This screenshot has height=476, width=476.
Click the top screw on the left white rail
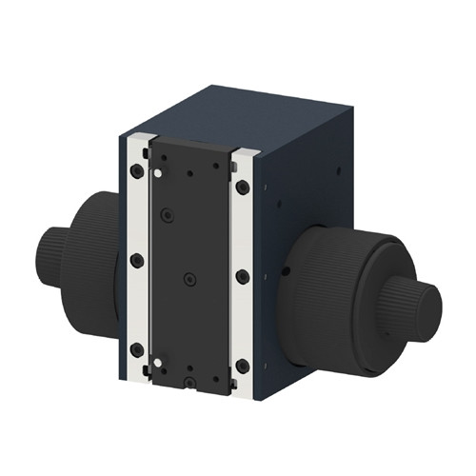(137, 172)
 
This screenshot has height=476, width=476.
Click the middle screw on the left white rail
(136, 260)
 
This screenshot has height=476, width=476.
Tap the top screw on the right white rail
(243, 188)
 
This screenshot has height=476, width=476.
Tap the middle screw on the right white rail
(243, 276)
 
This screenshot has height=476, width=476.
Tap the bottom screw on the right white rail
(243, 366)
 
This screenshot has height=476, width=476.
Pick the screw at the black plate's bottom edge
(190, 383)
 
